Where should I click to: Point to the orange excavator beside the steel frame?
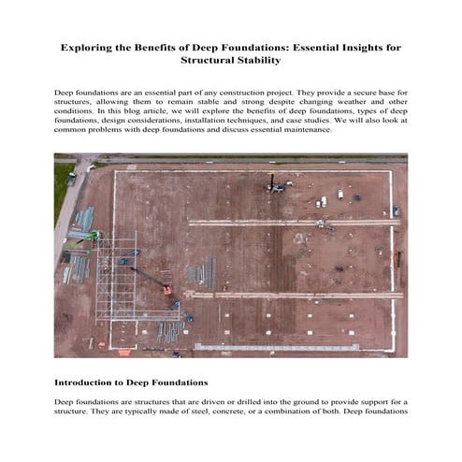coord(166,289)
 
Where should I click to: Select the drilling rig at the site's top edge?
coord(273,183)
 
